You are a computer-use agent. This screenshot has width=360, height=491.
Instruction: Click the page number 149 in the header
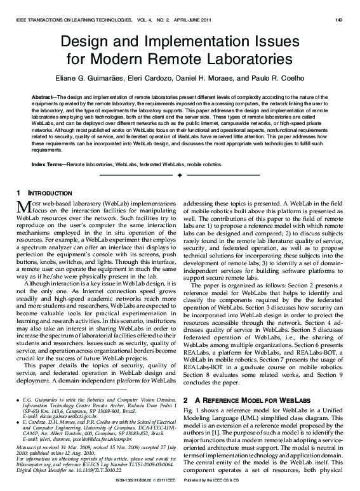[x=339, y=20]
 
